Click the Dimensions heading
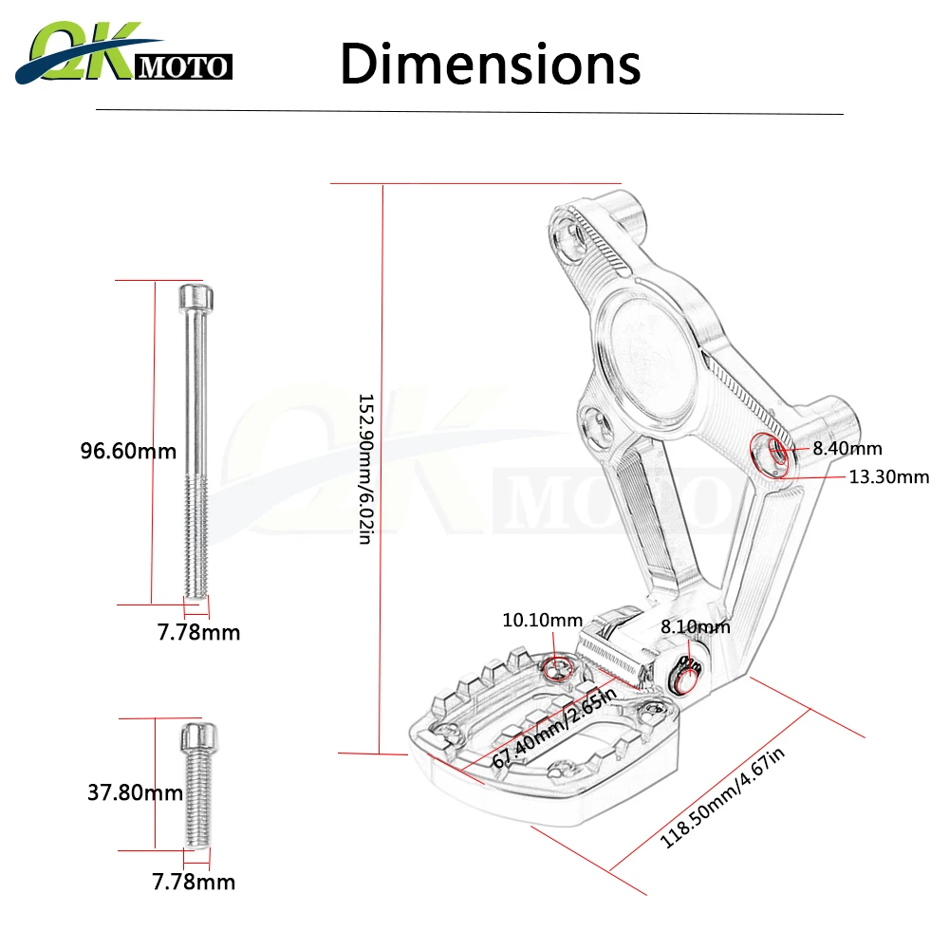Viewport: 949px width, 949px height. coord(490,65)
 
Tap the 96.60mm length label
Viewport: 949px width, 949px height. coord(128,451)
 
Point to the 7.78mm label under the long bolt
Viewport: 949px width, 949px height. coord(198,632)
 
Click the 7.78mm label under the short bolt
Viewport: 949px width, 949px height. coord(194,883)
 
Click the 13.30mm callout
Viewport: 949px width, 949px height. coord(888,476)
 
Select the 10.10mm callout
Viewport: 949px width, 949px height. coord(542,620)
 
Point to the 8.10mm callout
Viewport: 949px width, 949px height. coord(696,626)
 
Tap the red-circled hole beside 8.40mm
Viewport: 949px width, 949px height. coord(772,454)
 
